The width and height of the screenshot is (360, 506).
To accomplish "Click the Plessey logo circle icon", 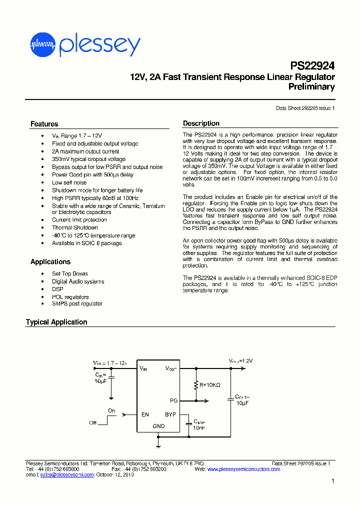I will click(42, 44).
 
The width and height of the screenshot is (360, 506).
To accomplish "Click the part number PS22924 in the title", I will click(312, 66).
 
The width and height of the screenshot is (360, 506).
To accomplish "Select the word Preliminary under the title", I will click(311, 87).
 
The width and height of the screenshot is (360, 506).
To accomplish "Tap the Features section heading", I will click(44, 124).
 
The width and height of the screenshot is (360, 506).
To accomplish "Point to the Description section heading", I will click(201, 123).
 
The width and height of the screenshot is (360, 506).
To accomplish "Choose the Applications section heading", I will click(50, 262).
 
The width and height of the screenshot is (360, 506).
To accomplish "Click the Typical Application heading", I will click(56, 322).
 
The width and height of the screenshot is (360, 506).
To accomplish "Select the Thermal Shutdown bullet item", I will click(75, 227).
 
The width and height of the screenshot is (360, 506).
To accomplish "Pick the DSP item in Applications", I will click(57, 289).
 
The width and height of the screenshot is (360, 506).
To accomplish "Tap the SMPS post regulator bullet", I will click(77, 303).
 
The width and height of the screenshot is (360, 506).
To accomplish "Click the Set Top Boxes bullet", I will click(69, 273).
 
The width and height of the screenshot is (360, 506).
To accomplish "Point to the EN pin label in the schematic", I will click(145, 414).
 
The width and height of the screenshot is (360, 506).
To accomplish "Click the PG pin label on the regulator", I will click(173, 400).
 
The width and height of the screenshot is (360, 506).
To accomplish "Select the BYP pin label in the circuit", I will click(170, 414).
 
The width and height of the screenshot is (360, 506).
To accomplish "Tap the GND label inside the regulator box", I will click(158, 426).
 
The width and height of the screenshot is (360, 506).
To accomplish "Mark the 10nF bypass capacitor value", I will click(199, 428).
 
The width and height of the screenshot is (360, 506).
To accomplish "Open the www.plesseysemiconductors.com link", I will click(243, 469).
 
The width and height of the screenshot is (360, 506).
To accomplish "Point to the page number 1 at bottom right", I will click(333, 481).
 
